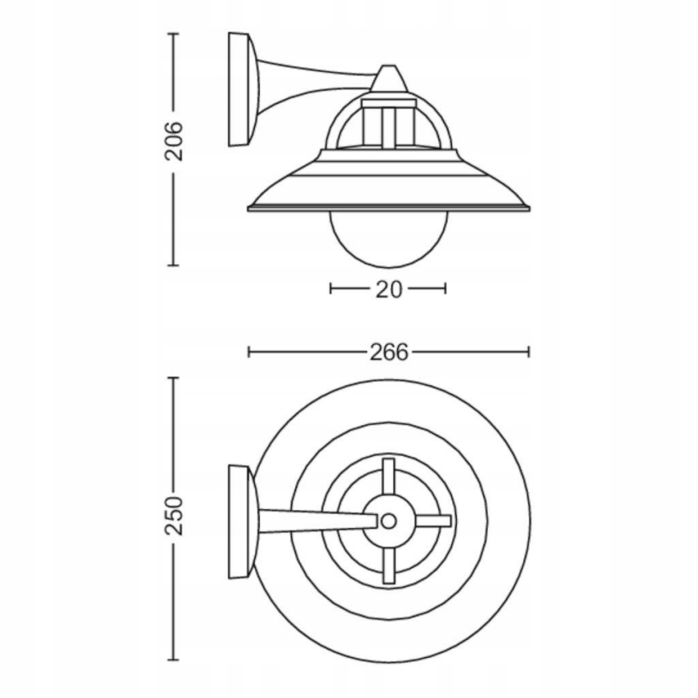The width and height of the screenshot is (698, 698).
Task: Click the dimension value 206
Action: (174, 142)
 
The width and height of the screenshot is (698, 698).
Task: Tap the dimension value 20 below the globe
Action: (388, 289)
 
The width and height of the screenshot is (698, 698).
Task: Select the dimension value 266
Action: (388, 352)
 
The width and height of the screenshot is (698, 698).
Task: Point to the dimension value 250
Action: (174, 516)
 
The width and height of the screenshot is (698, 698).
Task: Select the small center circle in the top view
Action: (388, 521)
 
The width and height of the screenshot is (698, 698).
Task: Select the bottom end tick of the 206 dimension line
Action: (174, 265)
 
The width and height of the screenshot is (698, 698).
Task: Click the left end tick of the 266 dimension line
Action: (249, 351)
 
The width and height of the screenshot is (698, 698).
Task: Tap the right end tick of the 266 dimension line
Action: (528, 351)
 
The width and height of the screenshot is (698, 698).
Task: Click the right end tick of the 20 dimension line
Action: (445, 288)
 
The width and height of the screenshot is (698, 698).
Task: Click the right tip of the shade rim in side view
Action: (528, 208)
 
